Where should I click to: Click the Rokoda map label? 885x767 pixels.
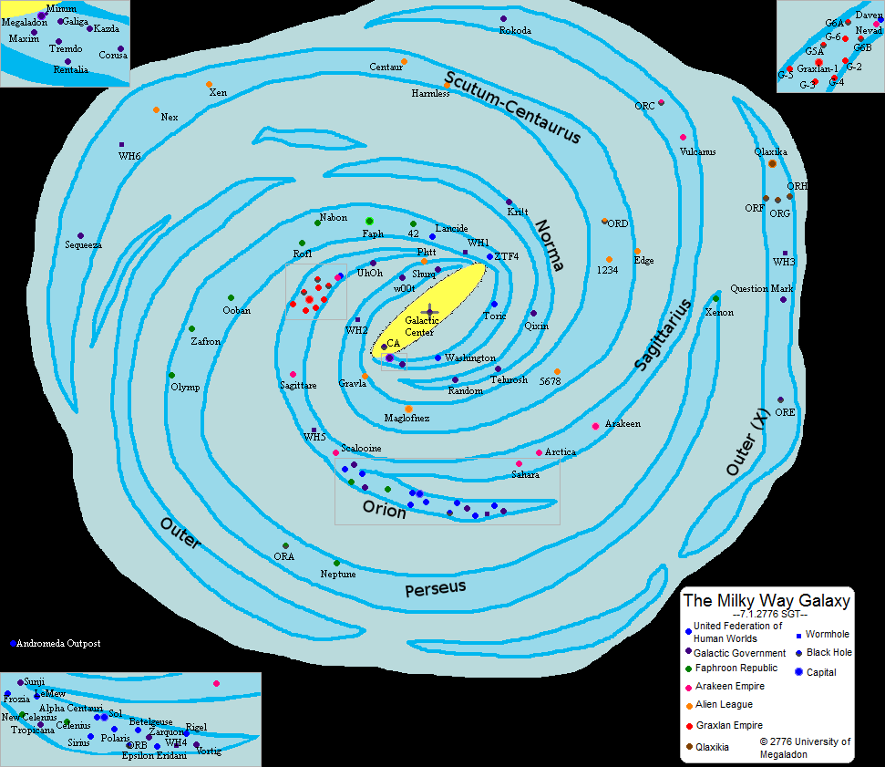pos(515,30)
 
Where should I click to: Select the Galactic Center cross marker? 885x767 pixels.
pos(430,312)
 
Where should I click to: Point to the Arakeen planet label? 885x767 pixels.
pos(623,424)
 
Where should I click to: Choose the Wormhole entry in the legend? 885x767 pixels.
pos(828,634)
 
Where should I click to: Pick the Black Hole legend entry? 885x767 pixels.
pos(829,653)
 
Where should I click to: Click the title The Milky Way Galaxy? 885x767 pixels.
pos(767,601)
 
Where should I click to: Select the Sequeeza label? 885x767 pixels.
pos(83,245)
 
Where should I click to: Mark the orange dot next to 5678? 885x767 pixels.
pos(557,371)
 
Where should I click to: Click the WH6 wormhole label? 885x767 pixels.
pos(129,156)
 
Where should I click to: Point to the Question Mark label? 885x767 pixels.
pos(761,289)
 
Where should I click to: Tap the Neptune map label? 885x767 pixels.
pos(338,575)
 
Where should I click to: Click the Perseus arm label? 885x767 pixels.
pos(436,588)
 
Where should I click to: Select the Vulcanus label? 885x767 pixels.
pos(697,151)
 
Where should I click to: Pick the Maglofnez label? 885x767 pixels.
pos(406,418)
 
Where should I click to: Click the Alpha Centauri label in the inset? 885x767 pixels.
pos(70,708)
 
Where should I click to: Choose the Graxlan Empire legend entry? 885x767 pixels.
pos(728,726)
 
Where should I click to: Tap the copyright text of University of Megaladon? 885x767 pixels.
pos(806,747)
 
